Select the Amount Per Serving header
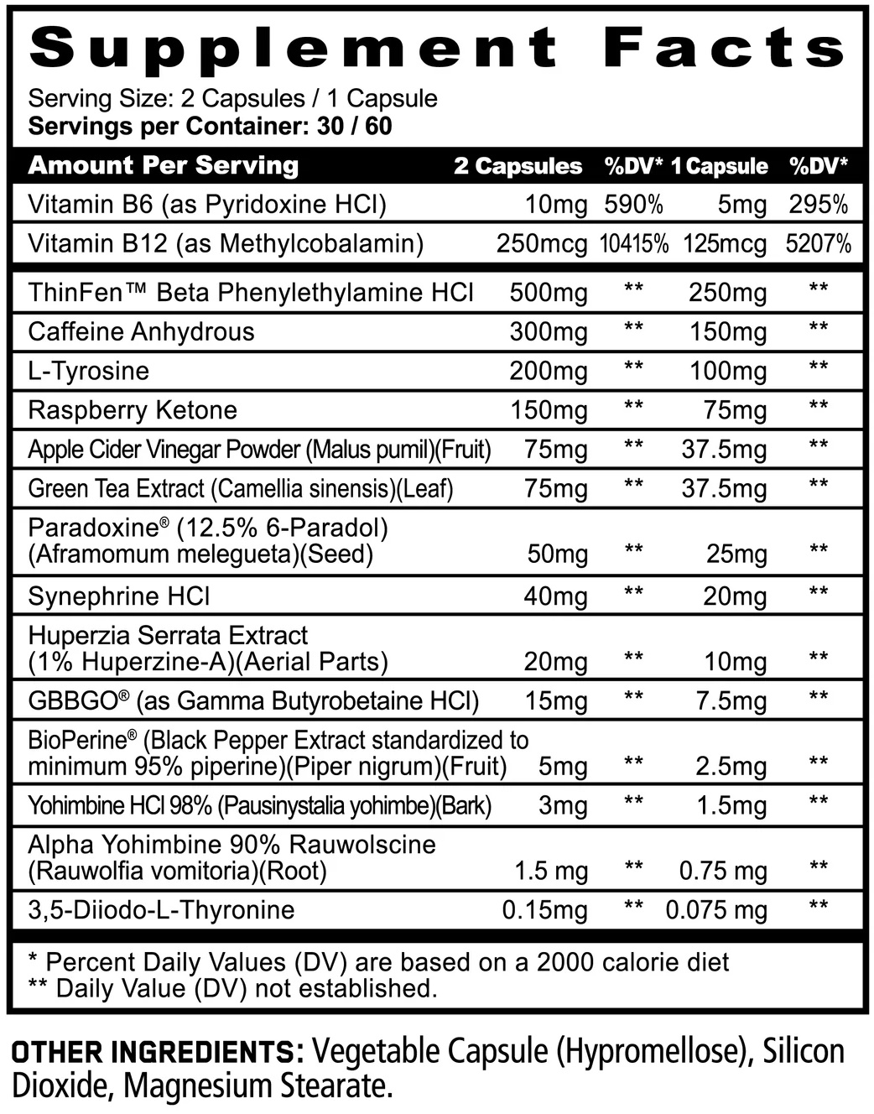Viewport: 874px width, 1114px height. pyautogui.click(x=164, y=165)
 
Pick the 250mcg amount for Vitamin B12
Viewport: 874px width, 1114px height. pyautogui.click(x=542, y=244)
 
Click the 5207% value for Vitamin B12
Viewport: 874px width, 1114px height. pyautogui.click(x=818, y=244)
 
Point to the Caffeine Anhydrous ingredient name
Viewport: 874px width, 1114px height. pyautogui.click(x=141, y=331)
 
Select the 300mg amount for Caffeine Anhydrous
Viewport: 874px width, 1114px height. pyautogui.click(x=549, y=332)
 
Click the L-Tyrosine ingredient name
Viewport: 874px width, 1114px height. pyautogui.click(x=88, y=371)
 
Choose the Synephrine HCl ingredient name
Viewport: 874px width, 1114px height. pyautogui.click(x=119, y=596)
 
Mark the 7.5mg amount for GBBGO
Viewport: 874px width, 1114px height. pyautogui.click(x=731, y=701)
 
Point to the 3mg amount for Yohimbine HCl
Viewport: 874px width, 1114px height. pyautogui.click(x=563, y=806)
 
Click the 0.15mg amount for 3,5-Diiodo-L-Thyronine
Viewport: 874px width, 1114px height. pyautogui.click(x=544, y=910)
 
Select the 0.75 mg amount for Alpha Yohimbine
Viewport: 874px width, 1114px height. pyautogui.click(x=723, y=872)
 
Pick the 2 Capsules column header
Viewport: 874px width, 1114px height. pyautogui.click(x=518, y=166)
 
